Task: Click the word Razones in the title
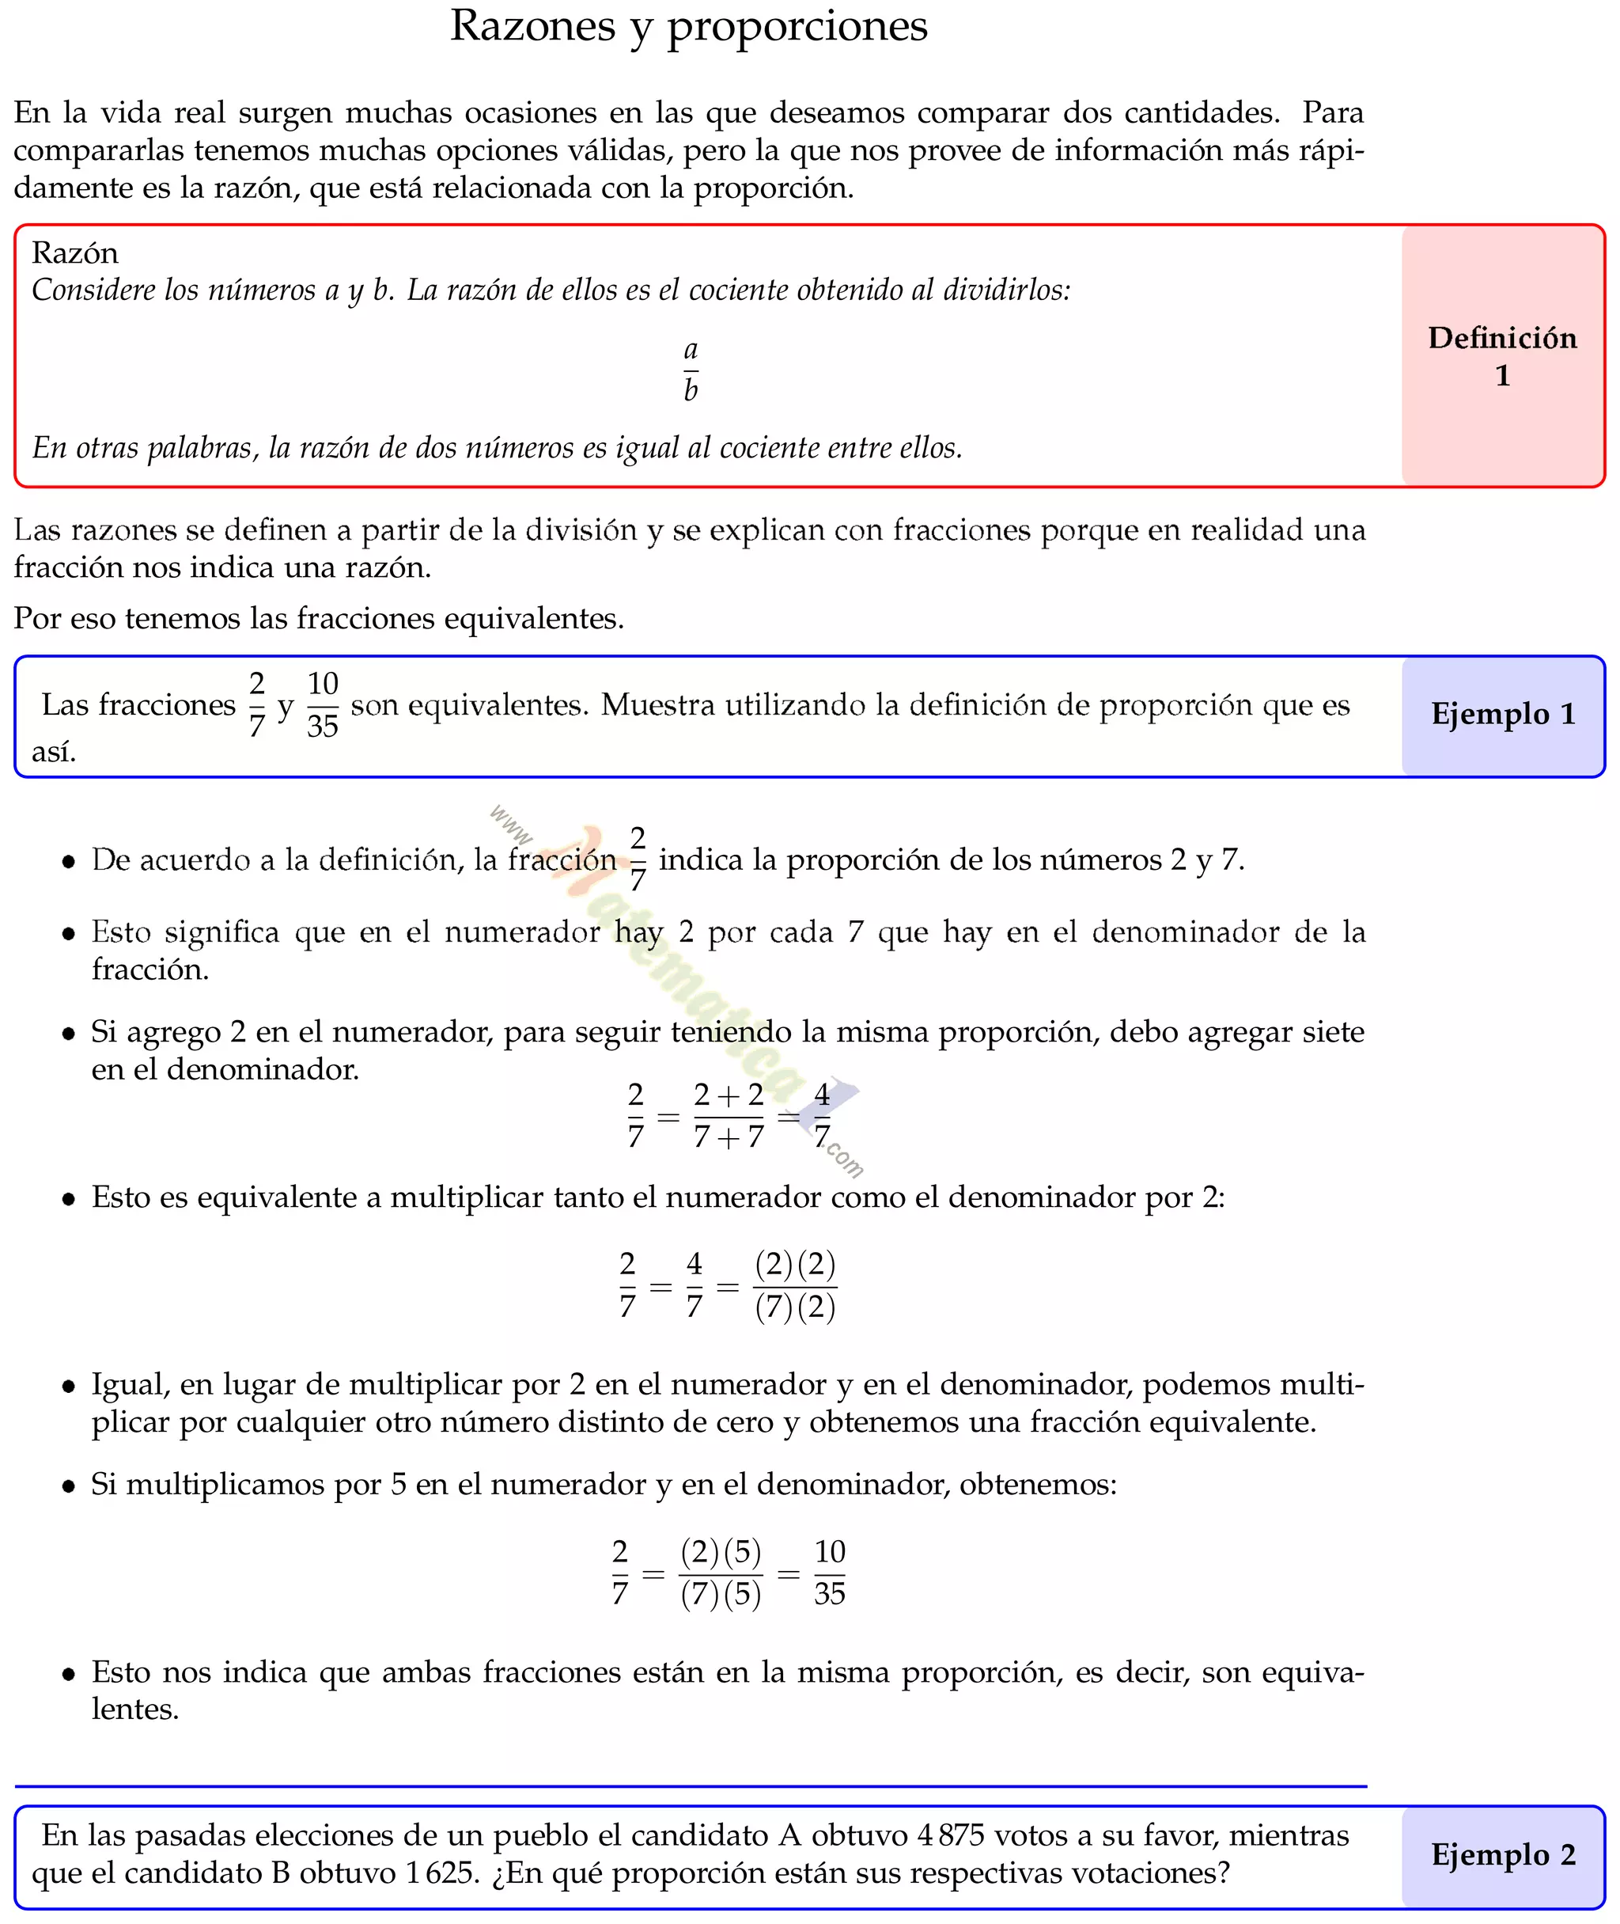[x=532, y=26]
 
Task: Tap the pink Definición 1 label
[x=1501, y=355]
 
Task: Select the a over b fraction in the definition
[x=691, y=370]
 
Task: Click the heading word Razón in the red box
[x=74, y=252]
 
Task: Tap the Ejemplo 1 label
[x=1502, y=714]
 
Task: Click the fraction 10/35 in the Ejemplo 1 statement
[x=323, y=704]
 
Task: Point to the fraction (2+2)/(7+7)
[x=729, y=1115]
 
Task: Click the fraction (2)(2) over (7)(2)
[x=794, y=1285]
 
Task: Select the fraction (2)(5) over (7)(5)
[x=721, y=1573]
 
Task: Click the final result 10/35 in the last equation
[x=828, y=1573]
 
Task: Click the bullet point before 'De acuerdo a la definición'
[x=68, y=862]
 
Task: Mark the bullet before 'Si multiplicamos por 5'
[x=68, y=1486]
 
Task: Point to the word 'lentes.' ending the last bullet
[x=135, y=1709]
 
